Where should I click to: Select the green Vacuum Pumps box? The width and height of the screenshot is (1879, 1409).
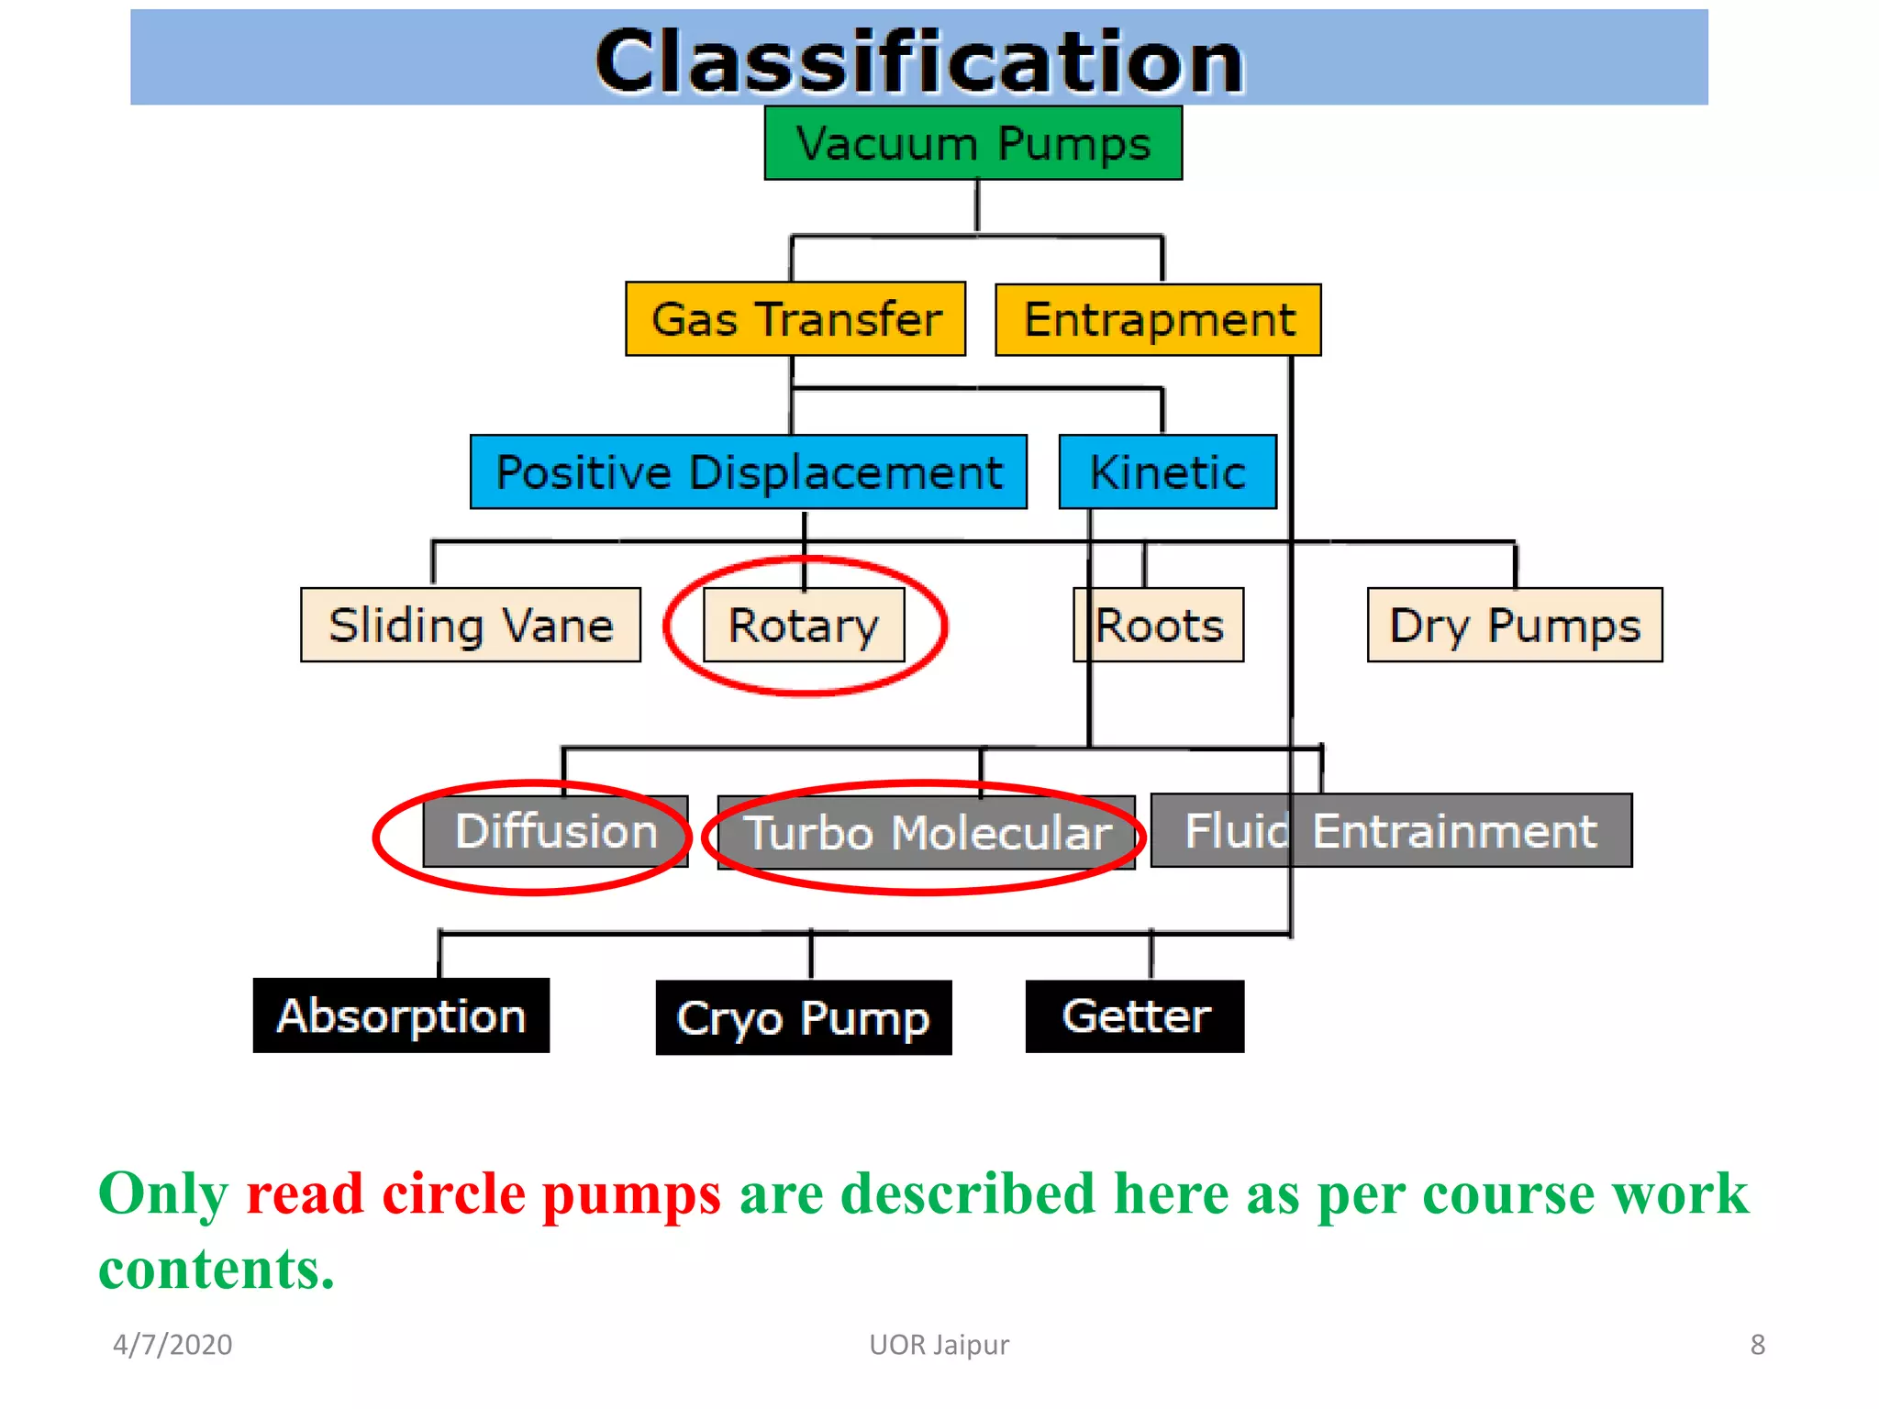[973, 144]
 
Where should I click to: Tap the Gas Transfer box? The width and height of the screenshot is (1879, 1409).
[795, 319]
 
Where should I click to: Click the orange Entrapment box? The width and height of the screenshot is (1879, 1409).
[1158, 320]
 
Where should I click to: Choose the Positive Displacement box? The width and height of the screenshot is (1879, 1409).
[748, 472]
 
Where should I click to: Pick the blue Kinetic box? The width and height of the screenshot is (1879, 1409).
[1167, 472]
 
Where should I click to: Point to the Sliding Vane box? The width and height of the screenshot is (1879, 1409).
[471, 626]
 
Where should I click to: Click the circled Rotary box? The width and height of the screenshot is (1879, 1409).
[804, 626]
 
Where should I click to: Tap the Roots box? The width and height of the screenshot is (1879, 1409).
[1159, 626]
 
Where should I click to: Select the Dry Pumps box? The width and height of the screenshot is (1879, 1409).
[1515, 626]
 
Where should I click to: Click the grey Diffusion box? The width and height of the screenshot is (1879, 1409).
[556, 831]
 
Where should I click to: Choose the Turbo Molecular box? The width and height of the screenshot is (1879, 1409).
[926, 833]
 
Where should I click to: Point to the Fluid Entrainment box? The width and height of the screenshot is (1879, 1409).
[1391, 831]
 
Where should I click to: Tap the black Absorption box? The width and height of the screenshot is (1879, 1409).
[401, 1016]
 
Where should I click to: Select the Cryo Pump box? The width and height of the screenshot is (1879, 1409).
[804, 1018]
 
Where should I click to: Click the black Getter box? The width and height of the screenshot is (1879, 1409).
[1135, 1016]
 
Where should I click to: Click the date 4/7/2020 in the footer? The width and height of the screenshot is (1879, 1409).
[172, 1345]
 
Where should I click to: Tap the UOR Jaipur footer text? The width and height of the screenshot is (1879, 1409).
[939, 1345]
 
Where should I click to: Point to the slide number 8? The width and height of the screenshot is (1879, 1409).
[1757, 1345]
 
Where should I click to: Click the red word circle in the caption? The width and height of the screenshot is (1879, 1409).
[453, 1194]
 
